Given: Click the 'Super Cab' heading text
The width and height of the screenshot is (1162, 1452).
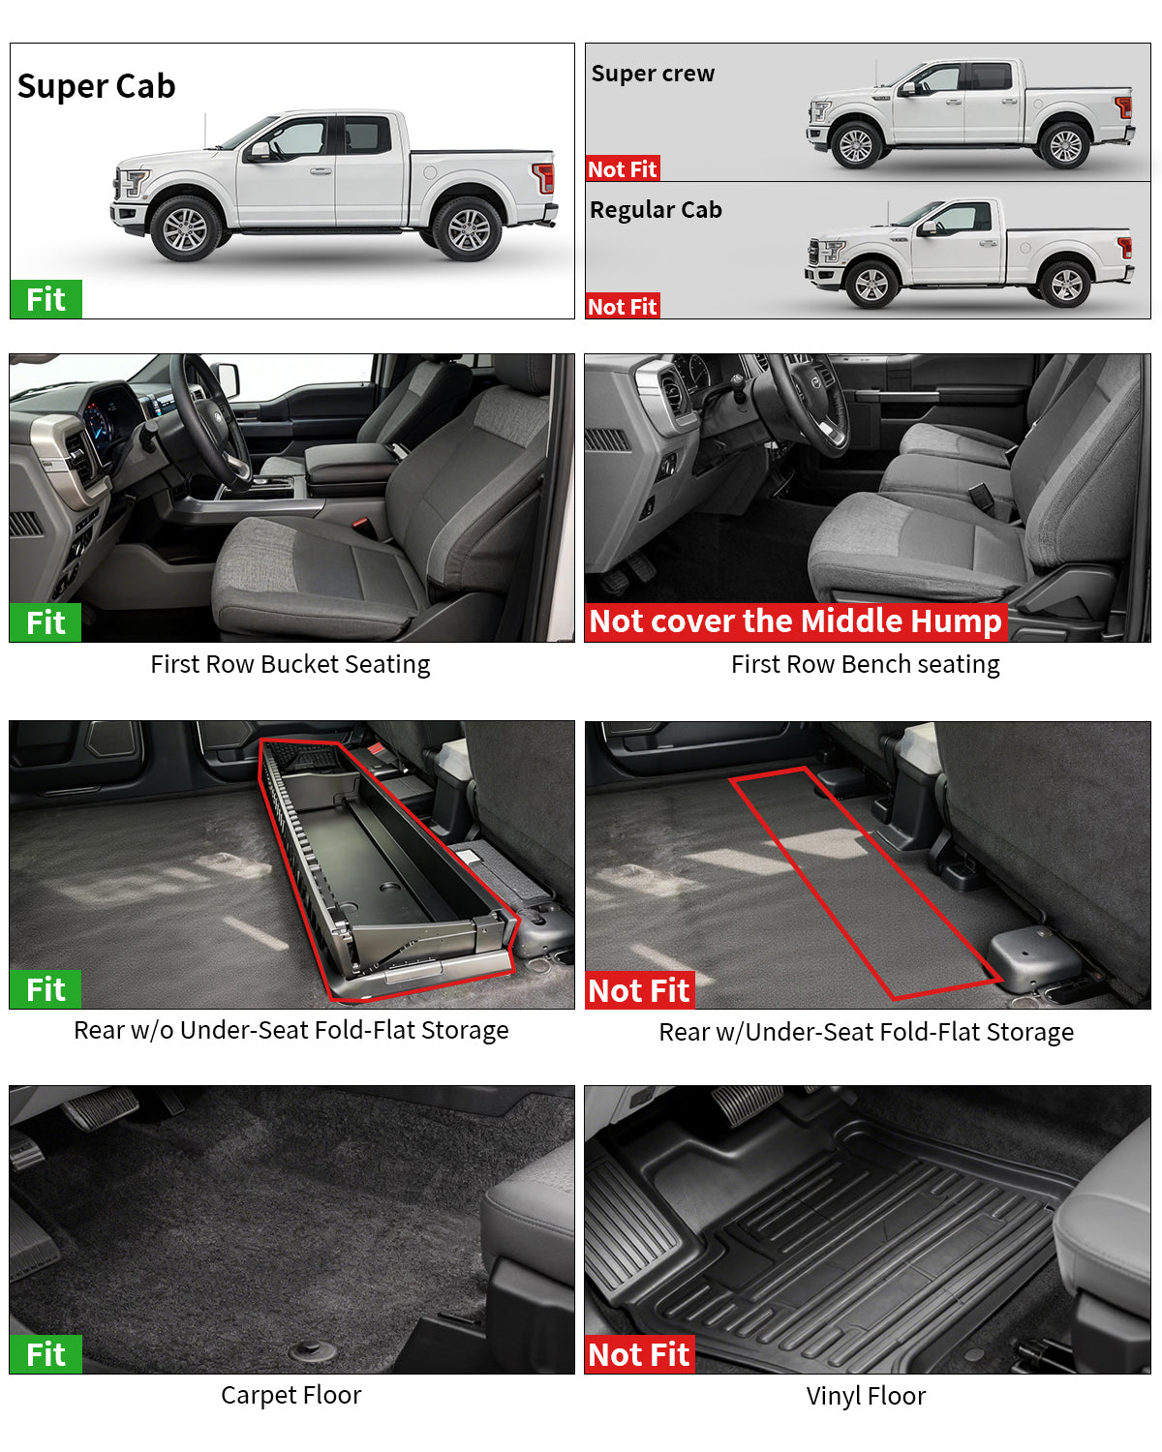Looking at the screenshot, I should pyautogui.click(x=97, y=86).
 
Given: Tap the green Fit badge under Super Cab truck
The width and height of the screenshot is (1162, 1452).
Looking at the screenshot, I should pyautogui.click(x=46, y=299).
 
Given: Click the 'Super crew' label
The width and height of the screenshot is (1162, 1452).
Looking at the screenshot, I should pyautogui.click(x=653, y=74).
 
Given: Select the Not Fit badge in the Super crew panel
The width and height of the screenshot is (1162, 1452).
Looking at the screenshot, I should pyautogui.click(x=623, y=168).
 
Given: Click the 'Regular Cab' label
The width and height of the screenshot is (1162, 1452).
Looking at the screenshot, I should pyautogui.click(x=656, y=210).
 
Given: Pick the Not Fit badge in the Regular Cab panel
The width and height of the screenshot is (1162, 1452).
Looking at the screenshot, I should pyautogui.click(x=623, y=306).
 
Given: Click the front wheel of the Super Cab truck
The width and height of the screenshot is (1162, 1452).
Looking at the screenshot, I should pyautogui.click(x=185, y=228).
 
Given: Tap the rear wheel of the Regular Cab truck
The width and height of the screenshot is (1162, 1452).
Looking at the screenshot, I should pyautogui.click(x=1066, y=285).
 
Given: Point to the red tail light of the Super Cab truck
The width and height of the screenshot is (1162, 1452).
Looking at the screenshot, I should pyautogui.click(x=544, y=178).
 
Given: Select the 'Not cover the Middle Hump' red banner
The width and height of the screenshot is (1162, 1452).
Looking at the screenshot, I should pyautogui.click(x=795, y=620).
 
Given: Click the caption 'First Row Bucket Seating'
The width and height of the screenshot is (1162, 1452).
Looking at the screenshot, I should pyautogui.click(x=290, y=664).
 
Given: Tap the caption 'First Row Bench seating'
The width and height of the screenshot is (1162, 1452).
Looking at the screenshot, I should pyautogui.click(x=865, y=664).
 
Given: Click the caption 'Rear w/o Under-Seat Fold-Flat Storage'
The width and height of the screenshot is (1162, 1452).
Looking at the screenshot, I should pyautogui.click(x=290, y=1030).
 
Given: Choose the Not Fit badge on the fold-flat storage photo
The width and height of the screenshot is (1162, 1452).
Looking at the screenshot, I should pyautogui.click(x=639, y=990).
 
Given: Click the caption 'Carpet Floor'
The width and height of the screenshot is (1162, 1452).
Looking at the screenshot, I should pyautogui.click(x=290, y=1395).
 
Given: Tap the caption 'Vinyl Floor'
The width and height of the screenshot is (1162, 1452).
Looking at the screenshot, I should pyautogui.click(x=866, y=1396).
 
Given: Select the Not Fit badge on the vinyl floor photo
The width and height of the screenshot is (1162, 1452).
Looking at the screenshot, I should pyautogui.click(x=639, y=1354).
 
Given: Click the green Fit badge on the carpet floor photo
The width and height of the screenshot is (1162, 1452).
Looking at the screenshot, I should pyautogui.click(x=46, y=1354).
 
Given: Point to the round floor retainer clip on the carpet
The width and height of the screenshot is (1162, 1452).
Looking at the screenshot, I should pyautogui.click(x=313, y=1348).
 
